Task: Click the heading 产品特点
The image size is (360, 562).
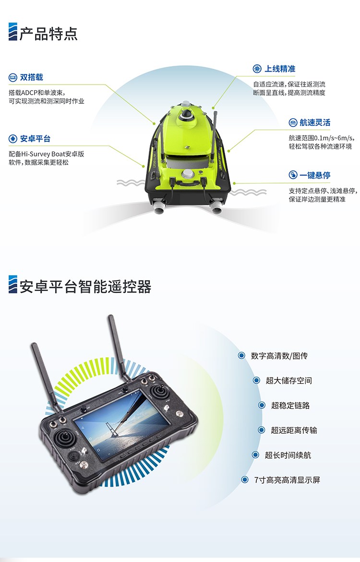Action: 48,34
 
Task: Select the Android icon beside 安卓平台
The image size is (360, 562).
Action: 12,139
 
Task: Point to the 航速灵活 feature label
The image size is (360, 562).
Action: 315,122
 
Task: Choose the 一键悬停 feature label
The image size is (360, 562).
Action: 315,175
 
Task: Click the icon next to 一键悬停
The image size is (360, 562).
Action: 293,175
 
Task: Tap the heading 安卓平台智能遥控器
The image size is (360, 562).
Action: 85,286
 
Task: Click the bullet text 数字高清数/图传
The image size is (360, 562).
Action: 279,356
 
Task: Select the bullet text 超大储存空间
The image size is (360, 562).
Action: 289,380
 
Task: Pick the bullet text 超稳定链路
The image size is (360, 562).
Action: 290,405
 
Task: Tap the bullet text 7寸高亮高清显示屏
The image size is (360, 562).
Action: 287,480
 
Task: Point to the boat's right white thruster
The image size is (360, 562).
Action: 217,208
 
